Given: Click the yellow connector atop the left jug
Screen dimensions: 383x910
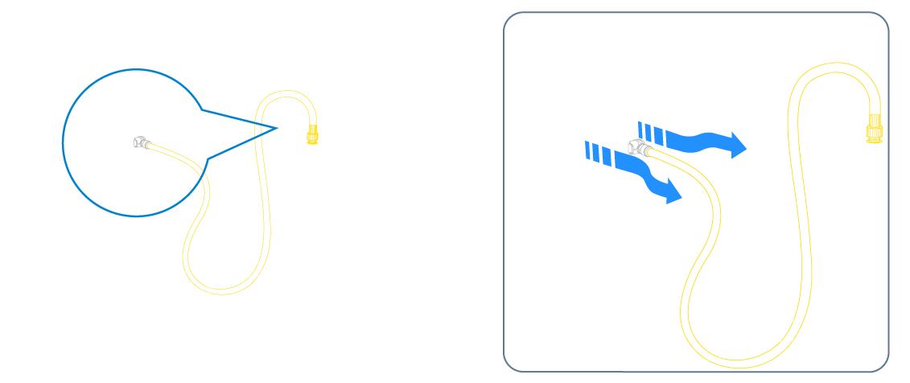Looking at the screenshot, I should pos(311,130).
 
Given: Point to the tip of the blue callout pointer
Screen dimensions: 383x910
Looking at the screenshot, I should pos(278,126).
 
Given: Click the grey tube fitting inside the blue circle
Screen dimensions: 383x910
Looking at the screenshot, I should pos(142,142).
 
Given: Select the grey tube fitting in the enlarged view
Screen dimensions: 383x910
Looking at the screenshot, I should pos(640,148).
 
